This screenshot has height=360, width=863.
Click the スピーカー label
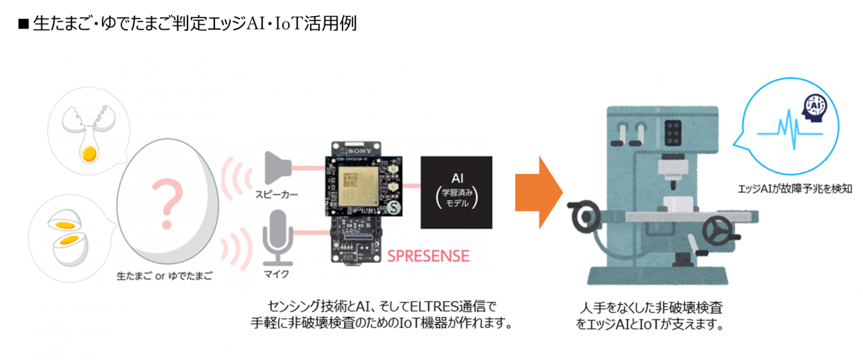tap(276, 195)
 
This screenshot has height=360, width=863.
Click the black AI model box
tap(456, 191)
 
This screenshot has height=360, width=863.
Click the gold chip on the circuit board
tap(353, 180)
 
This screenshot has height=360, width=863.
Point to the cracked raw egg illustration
tap(88, 135)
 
